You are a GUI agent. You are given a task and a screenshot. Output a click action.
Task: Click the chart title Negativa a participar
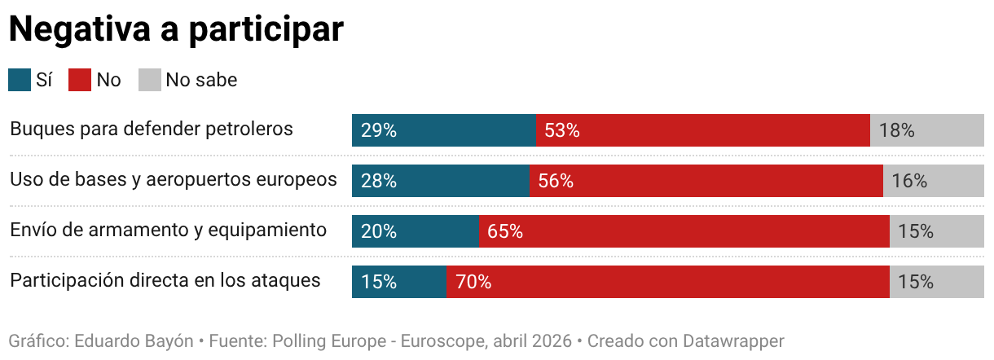click(176, 29)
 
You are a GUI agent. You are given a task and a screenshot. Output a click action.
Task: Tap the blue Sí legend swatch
click(20, 80)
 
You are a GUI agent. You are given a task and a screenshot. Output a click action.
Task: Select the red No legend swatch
click(80, 80)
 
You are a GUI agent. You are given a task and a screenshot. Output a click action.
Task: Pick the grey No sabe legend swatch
click(150, 80)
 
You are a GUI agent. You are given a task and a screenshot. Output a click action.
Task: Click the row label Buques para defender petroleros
click(152, 129)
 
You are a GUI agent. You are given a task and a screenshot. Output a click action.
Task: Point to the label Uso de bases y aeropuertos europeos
click(174, 179)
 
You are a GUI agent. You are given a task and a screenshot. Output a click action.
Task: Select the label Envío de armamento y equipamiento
click(168, 230)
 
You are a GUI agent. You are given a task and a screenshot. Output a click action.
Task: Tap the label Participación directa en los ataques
click(165, 281)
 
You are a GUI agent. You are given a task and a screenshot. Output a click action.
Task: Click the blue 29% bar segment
click(444, 130)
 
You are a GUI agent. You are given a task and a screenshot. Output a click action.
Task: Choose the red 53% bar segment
click(703, 130)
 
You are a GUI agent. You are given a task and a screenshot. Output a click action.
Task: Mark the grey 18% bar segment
click(927, 130)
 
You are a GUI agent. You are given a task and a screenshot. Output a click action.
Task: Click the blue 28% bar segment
click(441, 181)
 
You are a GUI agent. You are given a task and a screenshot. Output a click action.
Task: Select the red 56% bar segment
click(706, 181)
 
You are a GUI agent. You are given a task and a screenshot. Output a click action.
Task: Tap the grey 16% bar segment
click(934, 181)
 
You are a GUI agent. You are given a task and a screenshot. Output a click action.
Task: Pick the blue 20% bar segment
click(416, 231)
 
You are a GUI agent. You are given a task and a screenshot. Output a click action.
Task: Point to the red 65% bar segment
click(684, 231)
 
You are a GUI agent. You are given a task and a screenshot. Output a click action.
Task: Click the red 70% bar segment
click(668, 282)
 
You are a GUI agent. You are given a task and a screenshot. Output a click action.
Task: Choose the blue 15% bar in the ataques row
click(399, 282)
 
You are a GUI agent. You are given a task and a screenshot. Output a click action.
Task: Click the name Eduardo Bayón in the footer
click(134, 341)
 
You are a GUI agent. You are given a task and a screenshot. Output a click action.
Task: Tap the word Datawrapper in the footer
click(733, 341)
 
